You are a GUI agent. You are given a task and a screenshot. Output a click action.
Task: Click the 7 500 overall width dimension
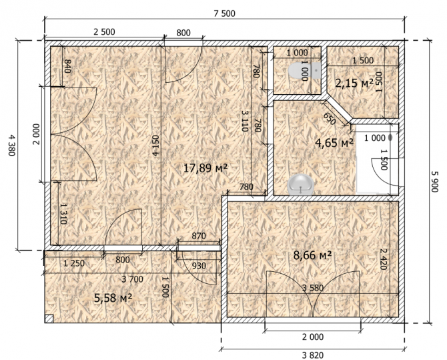(x=225, y=13)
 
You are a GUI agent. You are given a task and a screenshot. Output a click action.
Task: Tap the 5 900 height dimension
(x=434, y=182)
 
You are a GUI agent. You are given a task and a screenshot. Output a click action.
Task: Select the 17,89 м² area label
(x=205, y=168)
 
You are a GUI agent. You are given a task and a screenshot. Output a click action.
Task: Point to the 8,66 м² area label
(x=312, y=255)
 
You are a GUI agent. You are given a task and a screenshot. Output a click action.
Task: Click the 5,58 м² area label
(x=113, y=298)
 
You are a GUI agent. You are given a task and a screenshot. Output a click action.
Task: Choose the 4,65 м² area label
(x=334, y=142)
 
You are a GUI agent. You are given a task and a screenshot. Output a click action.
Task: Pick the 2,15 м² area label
(x=354, y=83)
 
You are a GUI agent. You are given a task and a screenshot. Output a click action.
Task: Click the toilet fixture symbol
(x=304, y=71)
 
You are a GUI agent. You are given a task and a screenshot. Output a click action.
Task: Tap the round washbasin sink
(x=301, y=185)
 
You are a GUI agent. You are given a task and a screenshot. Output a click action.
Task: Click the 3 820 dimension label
(x=313, y=355)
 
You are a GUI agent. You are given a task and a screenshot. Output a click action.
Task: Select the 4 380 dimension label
(x=11, y=145)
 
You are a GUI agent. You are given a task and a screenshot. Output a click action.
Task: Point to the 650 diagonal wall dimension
(x=330, y=118)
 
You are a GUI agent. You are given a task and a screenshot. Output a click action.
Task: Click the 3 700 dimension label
(x=132, y=279)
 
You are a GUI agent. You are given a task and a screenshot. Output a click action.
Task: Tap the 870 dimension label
(x=199, y=236)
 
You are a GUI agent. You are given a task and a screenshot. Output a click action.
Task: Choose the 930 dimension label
(x=199, y=266)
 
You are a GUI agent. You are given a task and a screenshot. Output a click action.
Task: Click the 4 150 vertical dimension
(x=155, y=146)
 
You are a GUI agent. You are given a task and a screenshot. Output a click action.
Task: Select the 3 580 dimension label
(x=313, y=288)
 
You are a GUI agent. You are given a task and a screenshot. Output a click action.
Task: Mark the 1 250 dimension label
(x=74, y=263)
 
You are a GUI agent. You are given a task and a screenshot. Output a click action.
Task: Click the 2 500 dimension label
(x=104, y=31)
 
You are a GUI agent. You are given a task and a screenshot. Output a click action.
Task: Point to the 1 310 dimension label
(x=63, y=214)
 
